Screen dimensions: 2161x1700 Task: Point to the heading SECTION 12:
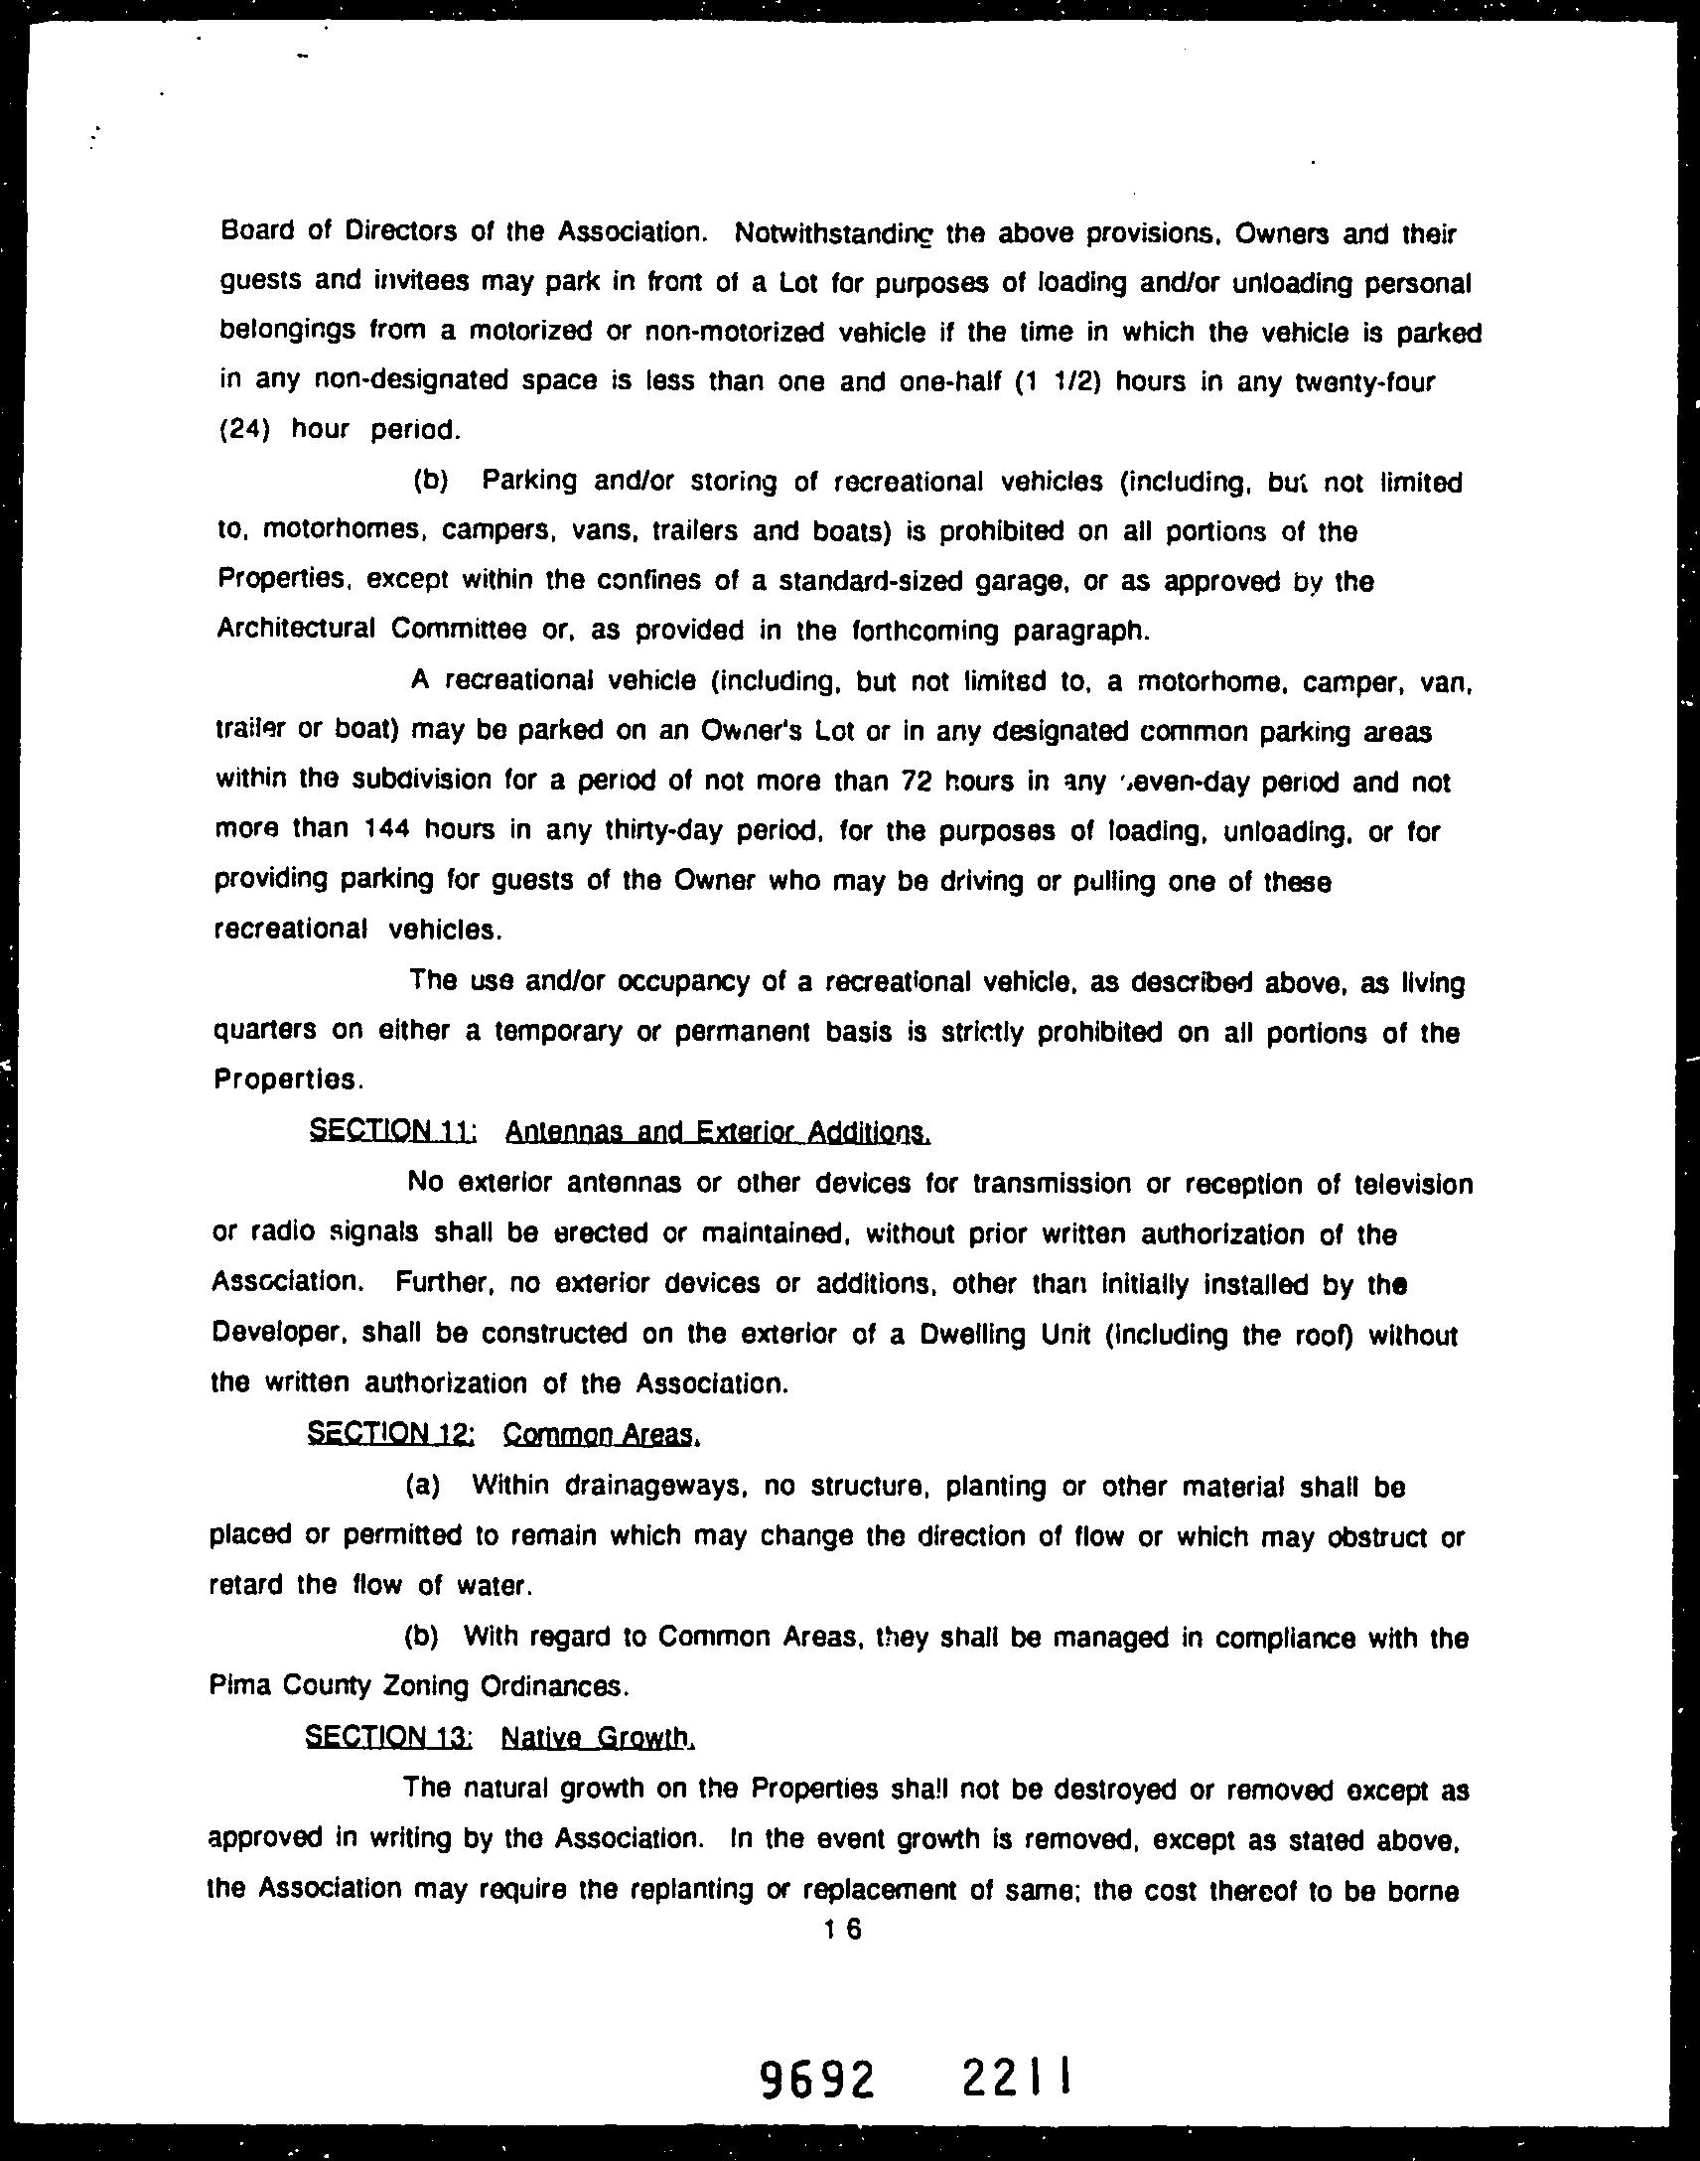(391, 1433)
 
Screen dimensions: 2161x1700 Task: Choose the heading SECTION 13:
(388, 1737)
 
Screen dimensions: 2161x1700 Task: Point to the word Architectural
(296, 629)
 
